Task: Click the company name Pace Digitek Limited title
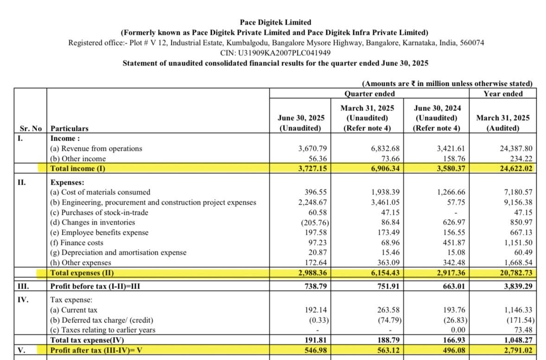(x=275, y=22)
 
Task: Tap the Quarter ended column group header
(x=369, y=94)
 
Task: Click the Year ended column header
(x=503, y=94)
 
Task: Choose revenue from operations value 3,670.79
(x=311, y=149)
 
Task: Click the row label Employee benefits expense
(x=99, y=233)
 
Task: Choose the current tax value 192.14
(x=314, y=310)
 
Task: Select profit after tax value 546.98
(x=314, y=351)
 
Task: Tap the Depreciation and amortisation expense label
(x=118, y=253)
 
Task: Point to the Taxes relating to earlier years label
(x=103, y=330)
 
